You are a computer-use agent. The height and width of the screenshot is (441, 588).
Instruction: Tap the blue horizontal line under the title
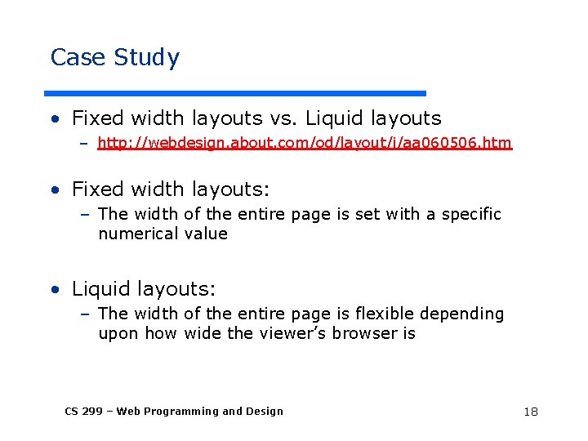pos(234,93)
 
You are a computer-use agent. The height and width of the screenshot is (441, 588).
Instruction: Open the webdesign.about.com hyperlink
pos(304,144)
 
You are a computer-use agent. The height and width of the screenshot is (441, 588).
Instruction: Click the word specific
pos(471,215)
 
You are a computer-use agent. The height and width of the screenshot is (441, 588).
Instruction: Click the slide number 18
pos(531,412)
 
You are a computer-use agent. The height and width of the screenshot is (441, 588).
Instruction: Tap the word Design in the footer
pos(264,412)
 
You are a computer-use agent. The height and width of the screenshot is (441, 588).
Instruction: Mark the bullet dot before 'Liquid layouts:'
pos(54,290)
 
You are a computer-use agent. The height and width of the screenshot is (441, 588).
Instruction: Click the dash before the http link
pos(84,145)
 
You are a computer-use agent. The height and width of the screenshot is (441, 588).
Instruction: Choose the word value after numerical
pos(206,234)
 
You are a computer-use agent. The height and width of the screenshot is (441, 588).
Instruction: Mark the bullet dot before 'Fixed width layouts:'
pos(54,190)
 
